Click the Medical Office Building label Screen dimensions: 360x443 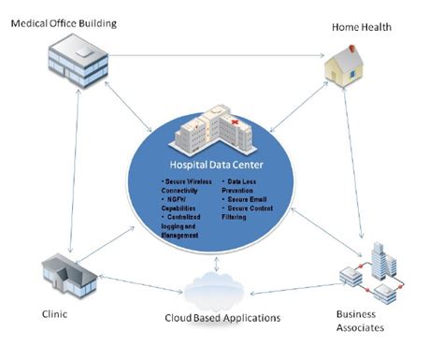(63, 22)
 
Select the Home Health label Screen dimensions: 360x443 (363, 27)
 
